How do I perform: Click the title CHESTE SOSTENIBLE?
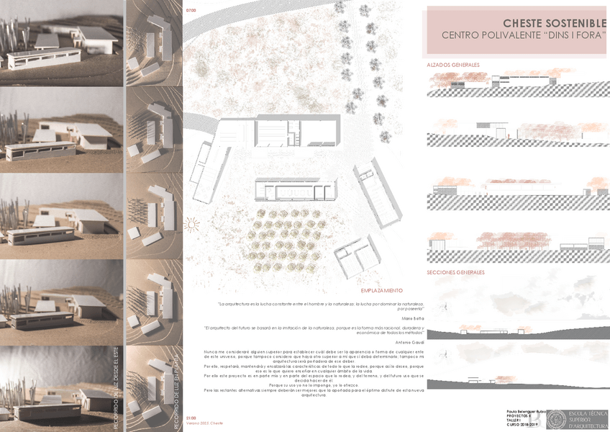click(555, 23)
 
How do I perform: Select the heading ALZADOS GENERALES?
click(453, 65)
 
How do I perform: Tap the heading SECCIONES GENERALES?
click(455, 273)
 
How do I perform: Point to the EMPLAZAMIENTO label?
click(382, 290)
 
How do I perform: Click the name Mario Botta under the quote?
click(413, 316)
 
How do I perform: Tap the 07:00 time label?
click(191, 11)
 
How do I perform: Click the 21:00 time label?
click(191, 418)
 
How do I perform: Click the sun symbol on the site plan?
click(191, 225)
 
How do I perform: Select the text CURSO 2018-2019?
click(522, 425)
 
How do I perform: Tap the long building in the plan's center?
click(295, 189)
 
